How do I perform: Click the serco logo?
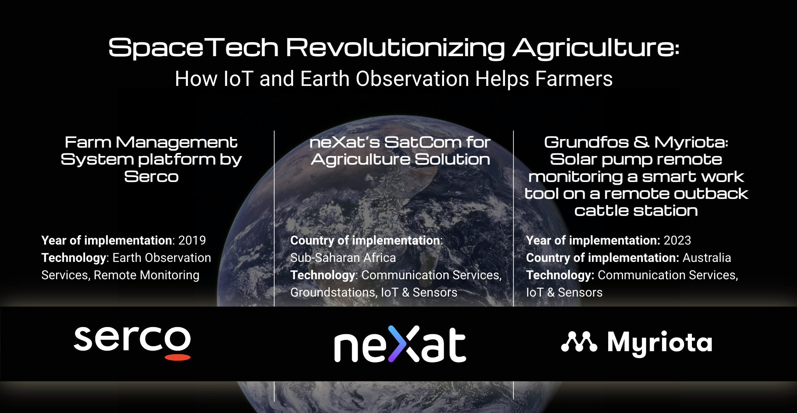pyautogui.click(x=132, y=343)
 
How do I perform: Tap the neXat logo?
pyautogui.click(x=400, y=344)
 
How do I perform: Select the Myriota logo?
pyautogui.click(x=637, y=343)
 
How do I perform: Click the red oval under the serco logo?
pyautogui.click(x=178, y=357)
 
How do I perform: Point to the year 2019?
pyautogui.click(x=192, y=240)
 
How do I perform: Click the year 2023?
pyautogui.click(x=677, y=240)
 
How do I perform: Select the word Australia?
pyautogui.click(x=707, y=258)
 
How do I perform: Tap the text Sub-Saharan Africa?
pyautogui.click(x=343, y=258)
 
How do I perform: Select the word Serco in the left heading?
pyautogui.click(x=151, y=176)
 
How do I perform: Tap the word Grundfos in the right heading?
pyautogui.click(x=586, y=142)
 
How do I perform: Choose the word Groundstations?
pyautogui.click(x=333, y=292)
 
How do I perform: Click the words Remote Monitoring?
pyautogui.click(x=147, y=275)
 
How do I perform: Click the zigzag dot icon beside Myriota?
pyautogui.click(x=579, y=341)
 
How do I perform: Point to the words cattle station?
pyautogui.click(x=636, y=211)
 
